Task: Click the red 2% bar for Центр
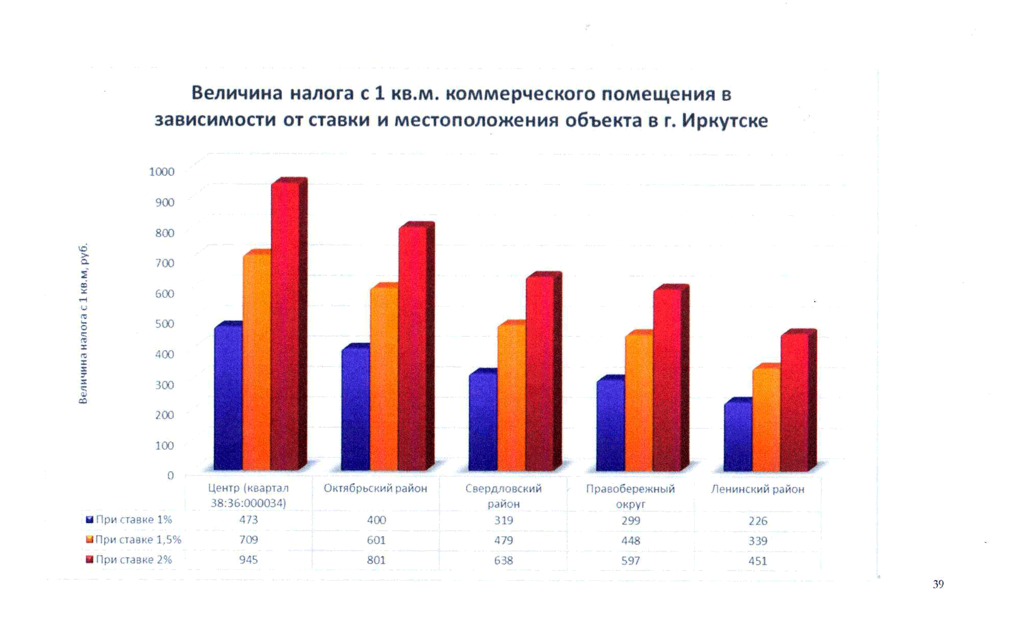coord(285,327)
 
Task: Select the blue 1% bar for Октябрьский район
coord(355,409)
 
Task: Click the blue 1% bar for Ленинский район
coord(737,437)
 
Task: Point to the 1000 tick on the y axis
coord(162,172)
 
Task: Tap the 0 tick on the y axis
coord(171,475)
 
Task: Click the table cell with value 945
coord(249,560)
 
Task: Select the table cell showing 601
coord(376,540)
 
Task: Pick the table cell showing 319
coord(504,520)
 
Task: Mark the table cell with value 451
coord(758,561)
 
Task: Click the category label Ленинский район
coord(757,489)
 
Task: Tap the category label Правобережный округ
coord(630,496)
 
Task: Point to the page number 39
coord(938,584)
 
